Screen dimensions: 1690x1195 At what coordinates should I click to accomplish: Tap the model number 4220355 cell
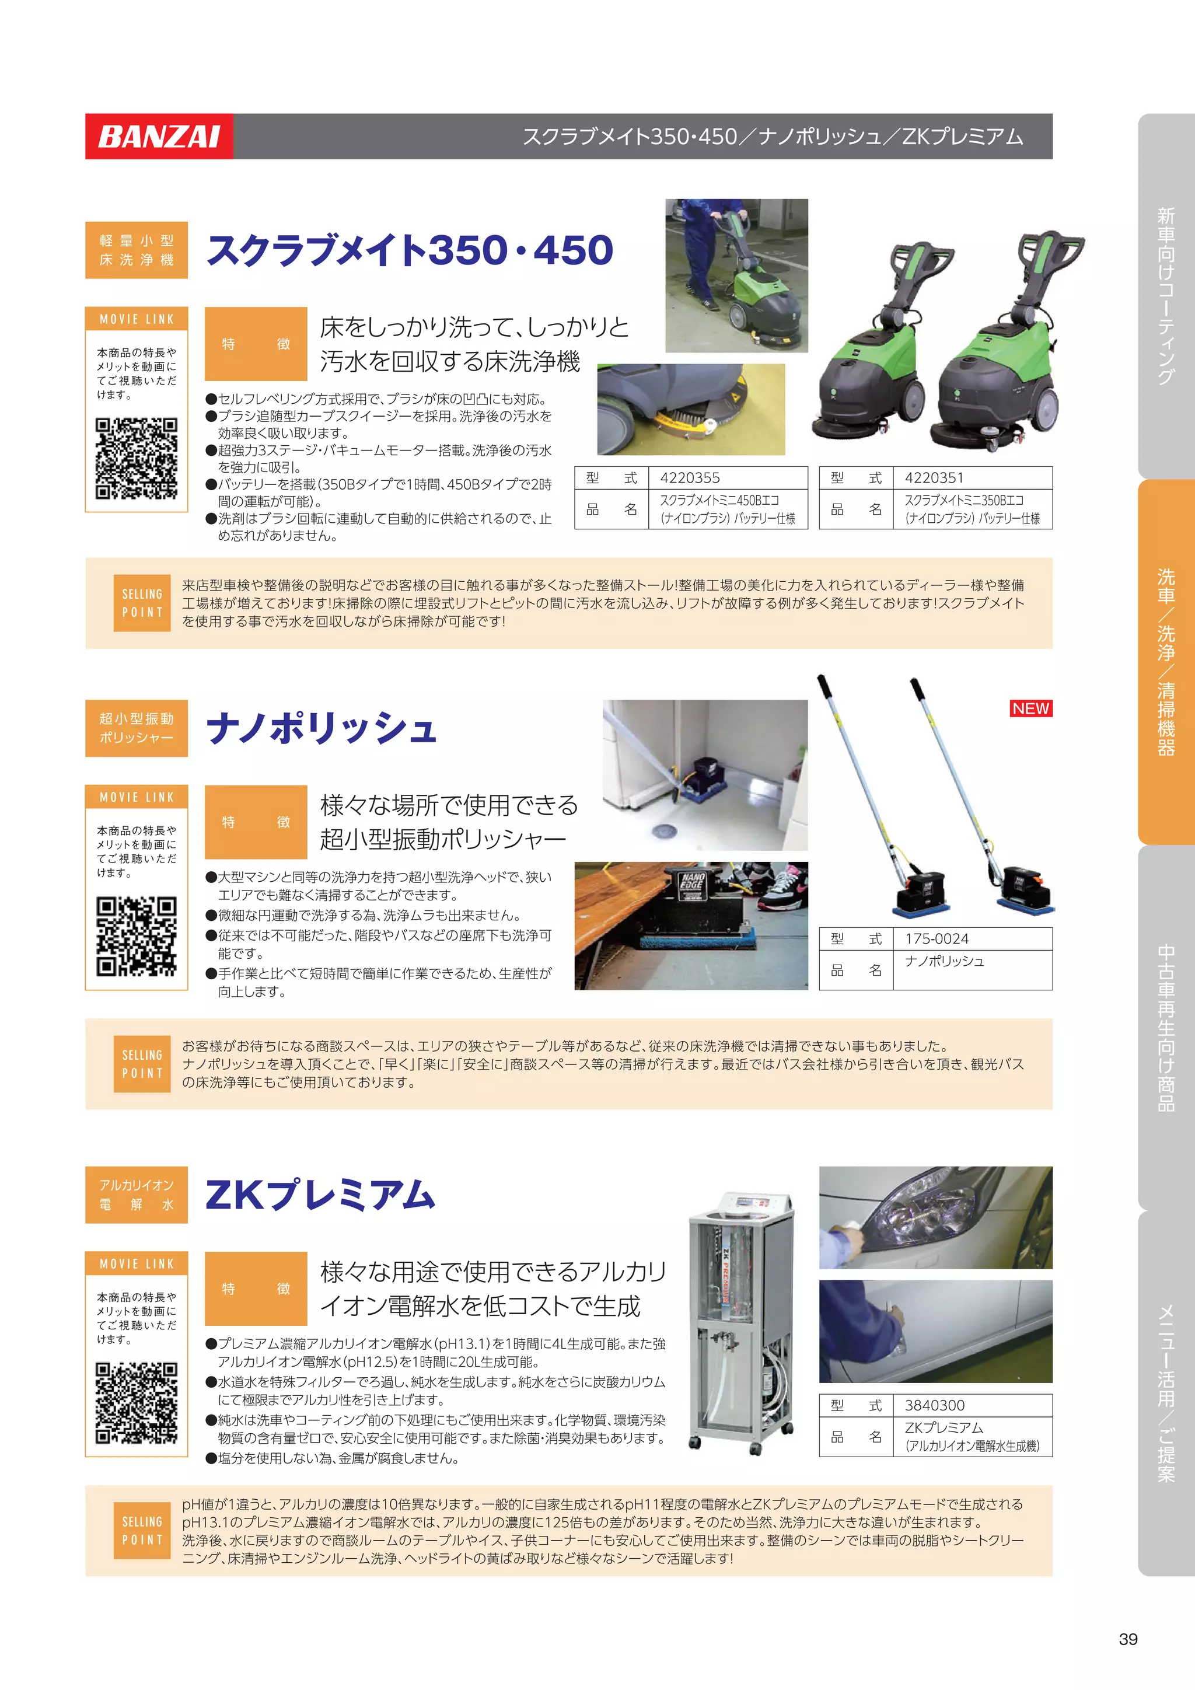[x=727, y=478]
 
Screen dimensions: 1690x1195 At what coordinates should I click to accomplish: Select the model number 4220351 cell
[x=972, y=478]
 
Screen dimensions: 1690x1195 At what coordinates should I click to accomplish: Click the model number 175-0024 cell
[x=972, y=938]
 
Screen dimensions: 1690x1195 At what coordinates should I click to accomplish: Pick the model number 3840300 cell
[x=972, y=1405]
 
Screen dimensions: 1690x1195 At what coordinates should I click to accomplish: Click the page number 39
[x=1127, y=1639]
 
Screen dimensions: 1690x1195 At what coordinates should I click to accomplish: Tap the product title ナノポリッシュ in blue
[x=322, y=728]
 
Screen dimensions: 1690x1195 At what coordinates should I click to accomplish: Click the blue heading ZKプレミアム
[x=320, y=1195]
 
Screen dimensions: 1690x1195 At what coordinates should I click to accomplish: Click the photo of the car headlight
[x=935, y=1217]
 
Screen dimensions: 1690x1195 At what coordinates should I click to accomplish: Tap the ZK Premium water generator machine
[x=742, y=1322]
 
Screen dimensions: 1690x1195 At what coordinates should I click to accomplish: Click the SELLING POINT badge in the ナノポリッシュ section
[x=142, y=1064]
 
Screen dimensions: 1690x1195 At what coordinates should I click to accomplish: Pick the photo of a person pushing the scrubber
[x=736, y=275]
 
